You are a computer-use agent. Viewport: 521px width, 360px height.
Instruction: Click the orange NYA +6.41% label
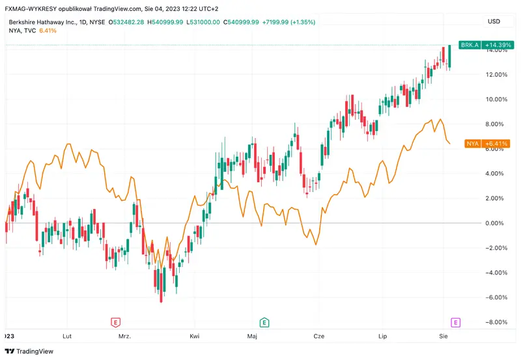pos(486,143)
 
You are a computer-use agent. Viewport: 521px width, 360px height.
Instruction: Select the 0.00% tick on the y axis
pos(498,223)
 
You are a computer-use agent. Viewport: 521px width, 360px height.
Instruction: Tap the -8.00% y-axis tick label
pos(496,322)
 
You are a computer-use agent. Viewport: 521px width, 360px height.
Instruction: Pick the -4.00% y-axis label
pos(496,273)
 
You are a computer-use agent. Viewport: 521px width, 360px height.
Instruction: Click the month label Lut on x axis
pos(66,337)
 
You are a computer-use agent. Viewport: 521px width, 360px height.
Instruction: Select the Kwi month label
pos(194,337)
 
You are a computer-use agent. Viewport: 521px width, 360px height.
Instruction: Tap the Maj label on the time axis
pos(253,337)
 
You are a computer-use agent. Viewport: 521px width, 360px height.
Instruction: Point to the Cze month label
pos(319,337)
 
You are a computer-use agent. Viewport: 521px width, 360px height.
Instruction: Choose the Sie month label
pos(444,337)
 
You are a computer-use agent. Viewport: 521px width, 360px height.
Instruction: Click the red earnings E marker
pos(115,322)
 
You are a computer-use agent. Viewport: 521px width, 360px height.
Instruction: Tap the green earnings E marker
pos(264,322)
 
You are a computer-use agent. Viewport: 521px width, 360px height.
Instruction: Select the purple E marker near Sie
pos(456,322)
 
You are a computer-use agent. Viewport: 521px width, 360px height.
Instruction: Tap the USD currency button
pos(494,21)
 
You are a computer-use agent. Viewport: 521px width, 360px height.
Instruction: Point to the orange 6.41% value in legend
pos(48,30)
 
